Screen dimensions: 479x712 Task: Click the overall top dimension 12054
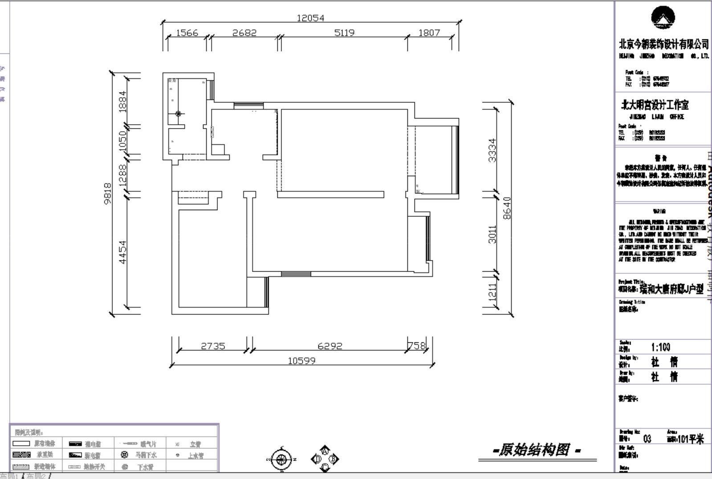[310, 18]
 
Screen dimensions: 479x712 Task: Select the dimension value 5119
[344, 32]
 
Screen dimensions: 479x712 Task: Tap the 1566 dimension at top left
[187, 32]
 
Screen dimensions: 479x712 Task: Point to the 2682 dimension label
[244, 32]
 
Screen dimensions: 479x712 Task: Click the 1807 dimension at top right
[429, 32]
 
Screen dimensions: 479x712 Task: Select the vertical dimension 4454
[122, 252]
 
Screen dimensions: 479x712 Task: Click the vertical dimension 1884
[122, 101]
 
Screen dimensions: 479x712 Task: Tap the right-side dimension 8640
[507, 208]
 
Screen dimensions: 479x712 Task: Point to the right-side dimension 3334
[492, 150]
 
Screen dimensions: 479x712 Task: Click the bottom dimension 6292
[330, 346]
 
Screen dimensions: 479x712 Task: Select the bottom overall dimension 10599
[301, 361]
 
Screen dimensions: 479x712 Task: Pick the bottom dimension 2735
[213, 346]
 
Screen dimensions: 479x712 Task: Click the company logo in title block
[663, 18]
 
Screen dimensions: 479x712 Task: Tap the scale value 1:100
[660, 347]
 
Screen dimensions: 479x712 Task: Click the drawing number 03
[647, 439]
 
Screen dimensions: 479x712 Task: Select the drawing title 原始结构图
[533, 450]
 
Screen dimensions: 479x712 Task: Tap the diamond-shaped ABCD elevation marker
[325, 459]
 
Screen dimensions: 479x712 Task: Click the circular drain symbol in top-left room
[178, 114]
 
